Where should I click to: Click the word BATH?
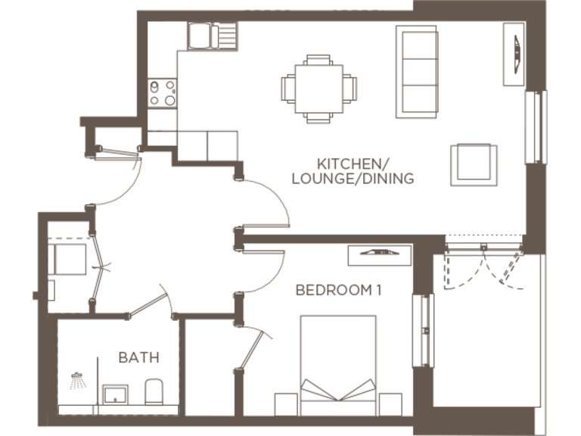pyautogui.click(x=134, y=357)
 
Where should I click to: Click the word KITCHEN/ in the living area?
pyautogui.click(x=353, y=163)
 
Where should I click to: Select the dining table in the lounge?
pyautogui.click(x=318, y=89)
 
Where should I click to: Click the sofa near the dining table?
pyautogui.click(x=417, y=70)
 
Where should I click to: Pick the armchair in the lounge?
pyautogui.click(x=474, y=164)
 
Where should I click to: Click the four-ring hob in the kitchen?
pyautogui.click(x=163, y=94)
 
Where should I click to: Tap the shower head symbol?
pyautogui.click(x=77, y=380)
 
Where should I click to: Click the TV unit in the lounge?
pyautogui.click(x=514, y=54)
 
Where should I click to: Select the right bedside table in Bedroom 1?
pyautogui.click(x=390, y=404)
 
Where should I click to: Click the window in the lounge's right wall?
pyautogui.click(x=536, y=126)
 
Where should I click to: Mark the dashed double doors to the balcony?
pyautogui.click(x=483, y=265)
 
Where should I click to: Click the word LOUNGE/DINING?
pyautogui.click(x=353, y=179)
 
